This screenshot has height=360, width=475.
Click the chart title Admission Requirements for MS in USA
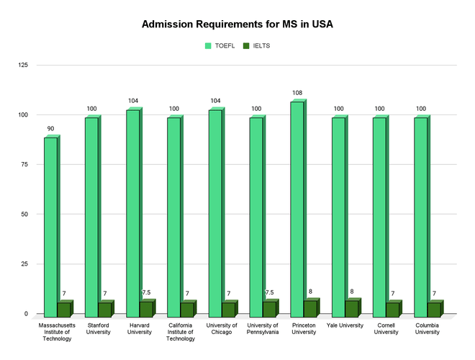click(237, 24)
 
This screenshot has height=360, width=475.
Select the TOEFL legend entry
click(219, 46)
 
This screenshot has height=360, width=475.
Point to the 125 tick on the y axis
click(23, 66)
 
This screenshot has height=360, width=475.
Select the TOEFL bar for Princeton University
click(297, 209)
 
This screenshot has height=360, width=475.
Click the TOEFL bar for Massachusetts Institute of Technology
click(50, 226)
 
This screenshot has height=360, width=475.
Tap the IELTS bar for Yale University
click(352, 308)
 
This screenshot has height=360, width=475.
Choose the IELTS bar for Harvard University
click(145, 309)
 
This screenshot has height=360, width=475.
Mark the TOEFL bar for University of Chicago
click(214, 213)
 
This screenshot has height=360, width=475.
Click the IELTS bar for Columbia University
click(434, 309)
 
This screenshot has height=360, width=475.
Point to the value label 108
click(297, 93)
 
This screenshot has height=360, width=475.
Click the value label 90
click(50, 129)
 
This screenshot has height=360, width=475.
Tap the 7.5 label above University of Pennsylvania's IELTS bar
click(269, 292)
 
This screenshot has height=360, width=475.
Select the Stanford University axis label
click(98, 328)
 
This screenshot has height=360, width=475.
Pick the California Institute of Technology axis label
click(180, 332)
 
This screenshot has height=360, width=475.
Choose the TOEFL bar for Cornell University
click(379, 217)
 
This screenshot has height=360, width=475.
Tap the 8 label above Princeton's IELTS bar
click(310, 292)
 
